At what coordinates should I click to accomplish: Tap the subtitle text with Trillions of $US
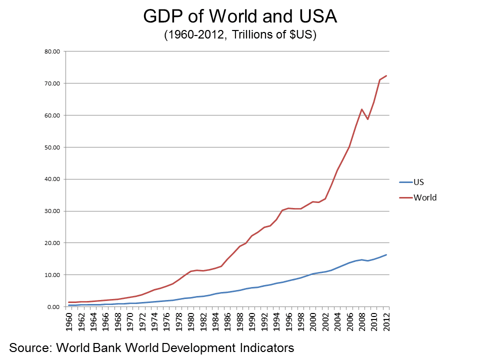tap(240, 35)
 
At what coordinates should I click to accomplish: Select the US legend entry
tap(418, 182)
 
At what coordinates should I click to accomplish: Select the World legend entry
tap(425, 197)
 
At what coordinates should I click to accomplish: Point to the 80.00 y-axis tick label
tap(52, 51)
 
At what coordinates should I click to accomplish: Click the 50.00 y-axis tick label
tap(52, 147)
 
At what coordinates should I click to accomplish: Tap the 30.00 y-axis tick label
tap(52, 211)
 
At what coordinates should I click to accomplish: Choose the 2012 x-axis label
tap(386, 321)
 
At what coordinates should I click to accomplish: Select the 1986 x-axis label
tap(228, 321)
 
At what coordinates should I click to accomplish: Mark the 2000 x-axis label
tap(313, 321)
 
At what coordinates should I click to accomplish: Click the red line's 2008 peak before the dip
tap(361, 109)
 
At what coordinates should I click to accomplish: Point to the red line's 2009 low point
tap(367, 119)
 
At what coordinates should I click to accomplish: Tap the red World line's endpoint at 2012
tap(386, 75)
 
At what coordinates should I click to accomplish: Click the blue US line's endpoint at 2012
tap(386, 254)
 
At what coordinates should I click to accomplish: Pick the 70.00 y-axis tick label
tap(52, 83)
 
